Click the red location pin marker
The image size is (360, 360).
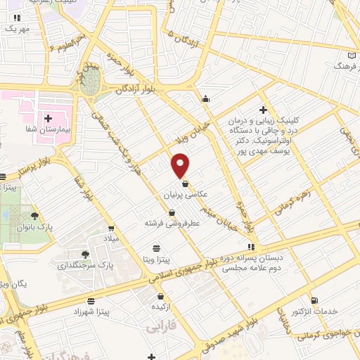click(181, 165)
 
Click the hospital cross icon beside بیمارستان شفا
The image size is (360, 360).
click(48, 118)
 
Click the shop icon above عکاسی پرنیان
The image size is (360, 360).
click(185, 183)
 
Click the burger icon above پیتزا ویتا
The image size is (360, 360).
click(156, 248)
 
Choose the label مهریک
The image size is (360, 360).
click(17, 29)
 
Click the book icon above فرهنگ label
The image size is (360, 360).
click(352, 56)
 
